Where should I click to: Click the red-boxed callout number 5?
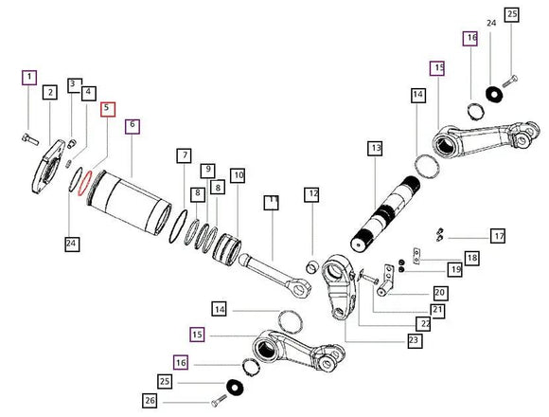(108, 109)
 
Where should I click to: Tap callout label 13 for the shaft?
(375, 148)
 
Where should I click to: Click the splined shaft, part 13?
(385, 214)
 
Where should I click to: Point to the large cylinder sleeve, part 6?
(129, 203)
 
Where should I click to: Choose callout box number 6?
(133, 126)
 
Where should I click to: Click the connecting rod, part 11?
(275, 276)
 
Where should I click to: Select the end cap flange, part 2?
(48, 167)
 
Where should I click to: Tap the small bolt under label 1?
(30, 139)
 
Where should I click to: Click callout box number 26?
(150, 401)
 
